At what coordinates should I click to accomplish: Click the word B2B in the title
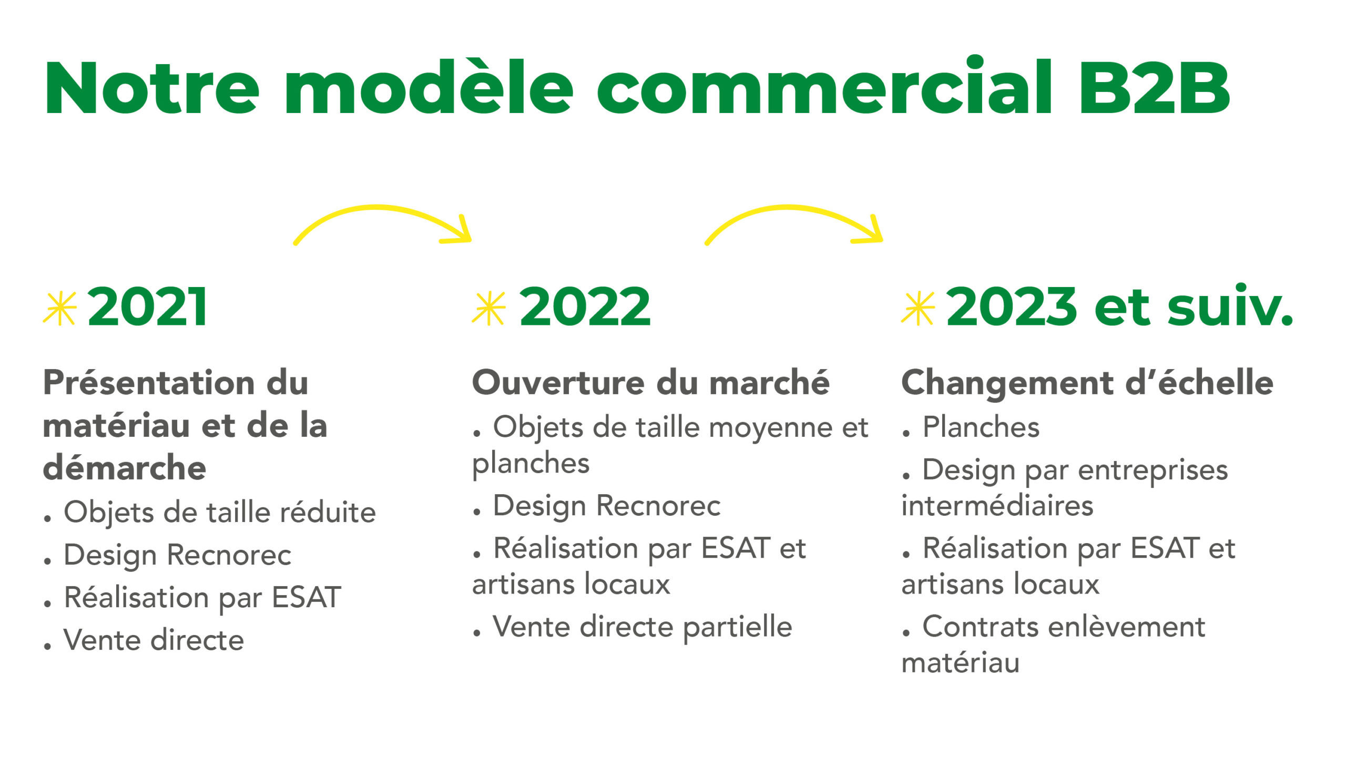(1155, 87)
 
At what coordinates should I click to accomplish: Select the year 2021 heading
(148, 307)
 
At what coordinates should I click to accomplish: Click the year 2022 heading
(585, 307)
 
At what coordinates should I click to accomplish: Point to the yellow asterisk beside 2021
(60, 308)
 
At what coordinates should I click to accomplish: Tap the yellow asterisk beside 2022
(489, 308)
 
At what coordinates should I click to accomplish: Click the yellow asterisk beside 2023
(918, 308)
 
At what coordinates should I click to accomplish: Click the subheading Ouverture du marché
(651, 382)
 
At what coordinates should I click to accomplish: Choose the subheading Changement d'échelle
(1087, 382)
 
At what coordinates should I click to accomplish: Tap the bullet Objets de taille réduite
(220, 513)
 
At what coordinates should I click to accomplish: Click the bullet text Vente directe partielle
(643, 627)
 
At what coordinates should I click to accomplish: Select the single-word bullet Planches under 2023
(981, 427)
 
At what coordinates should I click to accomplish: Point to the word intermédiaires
(997, 506)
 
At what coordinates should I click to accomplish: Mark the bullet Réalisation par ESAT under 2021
(202, 598)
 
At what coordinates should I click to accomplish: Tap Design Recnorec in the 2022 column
(607, 506)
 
